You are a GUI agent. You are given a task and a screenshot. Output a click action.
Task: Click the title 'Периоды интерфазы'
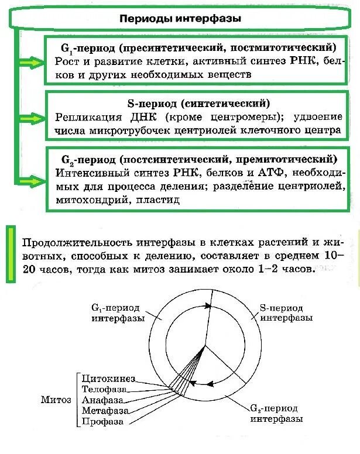click(x=180, y=18)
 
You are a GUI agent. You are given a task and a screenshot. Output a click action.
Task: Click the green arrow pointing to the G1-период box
click(x=35, y=61)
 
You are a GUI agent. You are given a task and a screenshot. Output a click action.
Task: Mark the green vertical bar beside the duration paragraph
click(x=9, y=254)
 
